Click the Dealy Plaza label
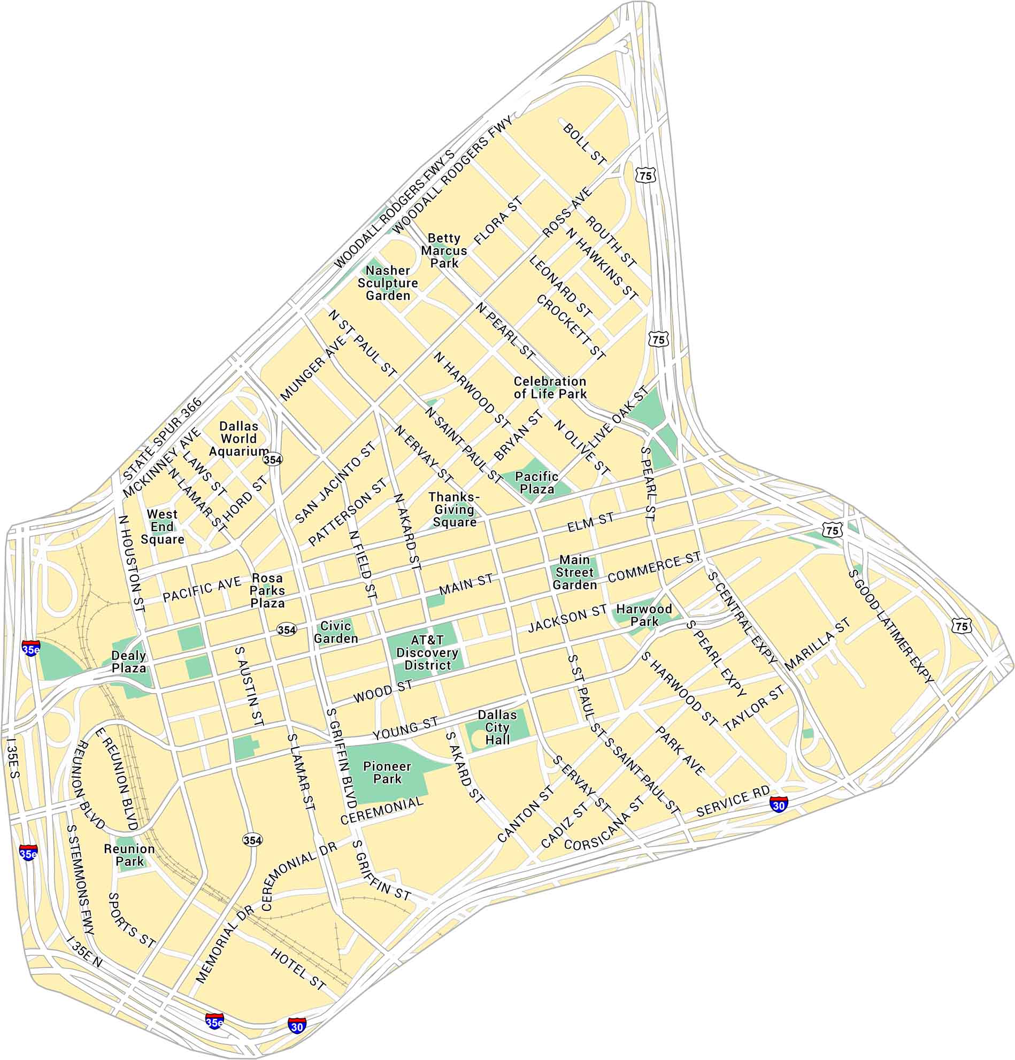coord(129,662)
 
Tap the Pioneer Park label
coord(387,773)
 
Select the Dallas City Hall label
coord(497,727)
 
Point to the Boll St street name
coord(585,144)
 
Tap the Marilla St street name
coord(817,644)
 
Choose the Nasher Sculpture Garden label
coord(388,283)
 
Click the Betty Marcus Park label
coord(444,250)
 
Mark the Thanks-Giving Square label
coord(454,510)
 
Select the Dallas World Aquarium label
coord(239,439)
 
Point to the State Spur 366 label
coord(162,439)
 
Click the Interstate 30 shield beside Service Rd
coord(778,803)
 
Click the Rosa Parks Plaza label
coord(267,590)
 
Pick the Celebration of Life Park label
coord(550,387)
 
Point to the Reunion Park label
coord(129,855)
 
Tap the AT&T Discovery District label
coord(427,652)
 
